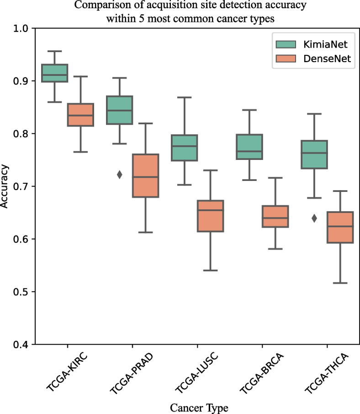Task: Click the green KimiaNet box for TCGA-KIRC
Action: pos(55,73)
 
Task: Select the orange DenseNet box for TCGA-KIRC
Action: pos(80,115)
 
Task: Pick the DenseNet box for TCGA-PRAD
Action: pos(145,175)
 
